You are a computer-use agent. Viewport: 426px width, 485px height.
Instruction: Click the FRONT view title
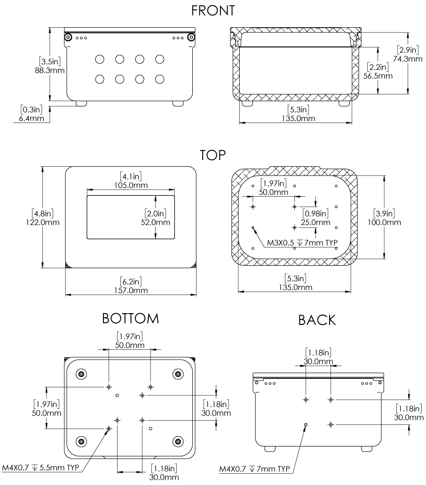click(x=213, y=10)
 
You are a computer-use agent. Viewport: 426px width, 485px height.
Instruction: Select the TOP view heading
click(x=213, y=155)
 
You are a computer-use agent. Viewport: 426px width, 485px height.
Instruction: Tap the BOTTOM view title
click(x=131, y=319)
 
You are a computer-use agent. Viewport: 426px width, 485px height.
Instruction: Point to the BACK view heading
click(x=317, y=320)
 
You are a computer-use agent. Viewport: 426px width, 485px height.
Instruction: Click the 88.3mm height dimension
click(x=51, y=70)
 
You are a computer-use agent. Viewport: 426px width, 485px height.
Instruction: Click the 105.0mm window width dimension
click(x=130, y=185)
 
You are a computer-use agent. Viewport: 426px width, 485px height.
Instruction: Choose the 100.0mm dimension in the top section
click(x=385, y=222)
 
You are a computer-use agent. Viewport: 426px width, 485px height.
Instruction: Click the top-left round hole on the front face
click(x=99, y=59)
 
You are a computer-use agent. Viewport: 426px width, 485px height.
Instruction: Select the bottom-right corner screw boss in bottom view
click(x=178, y=441)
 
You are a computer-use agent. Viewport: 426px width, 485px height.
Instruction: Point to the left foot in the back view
click(x=270, y=448)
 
